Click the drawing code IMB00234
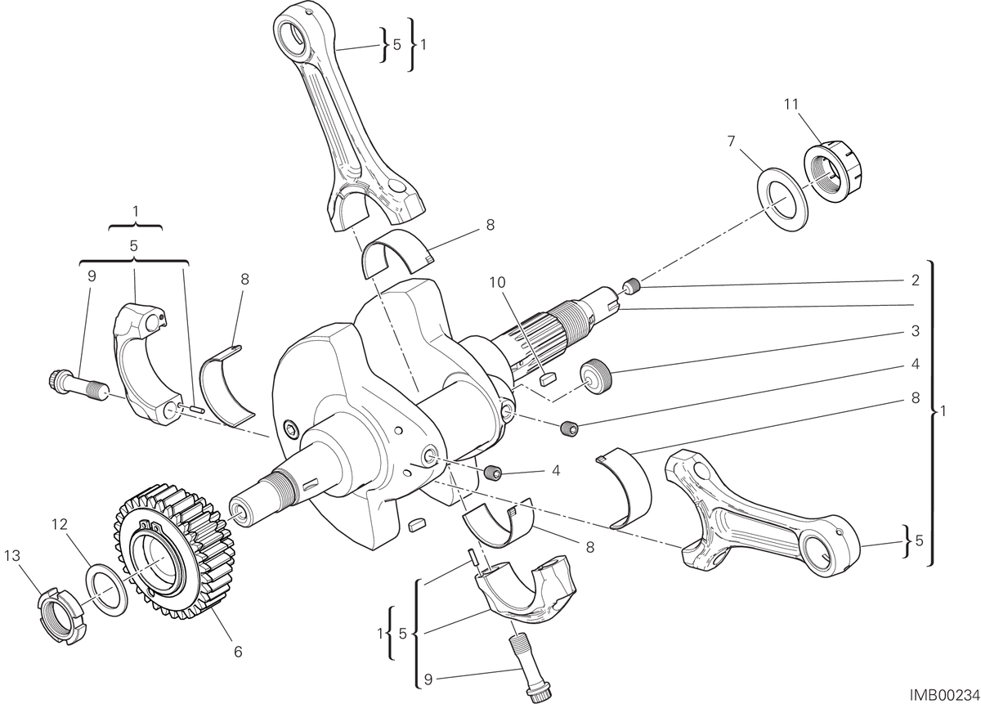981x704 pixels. click(944, 695)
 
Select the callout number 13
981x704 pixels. click(12, 555)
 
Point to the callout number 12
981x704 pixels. click(60, 524)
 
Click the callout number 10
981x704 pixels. click(497, 283)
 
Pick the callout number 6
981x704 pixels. click(238, 652)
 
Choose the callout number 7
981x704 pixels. click(731, 141)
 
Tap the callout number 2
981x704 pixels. click(915, 280)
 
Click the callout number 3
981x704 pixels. click(915, 331)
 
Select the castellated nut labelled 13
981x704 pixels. click(60, 616)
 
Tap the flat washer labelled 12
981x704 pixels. click(108, 588)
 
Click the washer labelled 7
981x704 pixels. click(783, 200)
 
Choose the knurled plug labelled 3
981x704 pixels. click(596, 376)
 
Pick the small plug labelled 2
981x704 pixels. click(632, 286)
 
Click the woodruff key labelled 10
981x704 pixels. click(548, 378)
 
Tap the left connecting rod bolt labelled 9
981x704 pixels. click(78, 385)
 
